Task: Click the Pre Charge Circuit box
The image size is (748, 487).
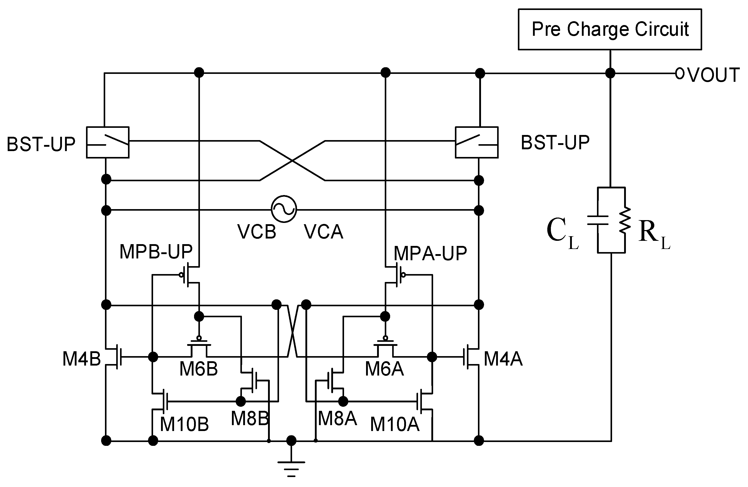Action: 610,29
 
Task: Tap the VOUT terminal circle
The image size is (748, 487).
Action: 679,73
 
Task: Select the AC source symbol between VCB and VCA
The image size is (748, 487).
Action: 284,209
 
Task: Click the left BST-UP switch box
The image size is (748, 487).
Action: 108,142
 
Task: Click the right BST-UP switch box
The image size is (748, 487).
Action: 476,142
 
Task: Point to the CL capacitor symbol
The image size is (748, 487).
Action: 597,220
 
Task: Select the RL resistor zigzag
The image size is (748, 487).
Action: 625,220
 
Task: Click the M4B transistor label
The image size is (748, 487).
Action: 81,359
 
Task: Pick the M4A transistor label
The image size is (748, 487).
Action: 503,359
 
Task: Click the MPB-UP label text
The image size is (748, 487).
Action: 156,252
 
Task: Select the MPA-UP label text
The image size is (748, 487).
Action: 430,254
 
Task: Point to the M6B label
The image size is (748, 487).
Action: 198,369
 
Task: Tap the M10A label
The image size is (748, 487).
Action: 394,424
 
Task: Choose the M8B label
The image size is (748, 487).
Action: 250,418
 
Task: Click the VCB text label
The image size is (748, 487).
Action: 257,232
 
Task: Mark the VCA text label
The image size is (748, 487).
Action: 323,232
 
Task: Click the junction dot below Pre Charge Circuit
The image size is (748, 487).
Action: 610,73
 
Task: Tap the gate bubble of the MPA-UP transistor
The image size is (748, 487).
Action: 403,275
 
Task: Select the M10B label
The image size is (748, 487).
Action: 184,424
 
